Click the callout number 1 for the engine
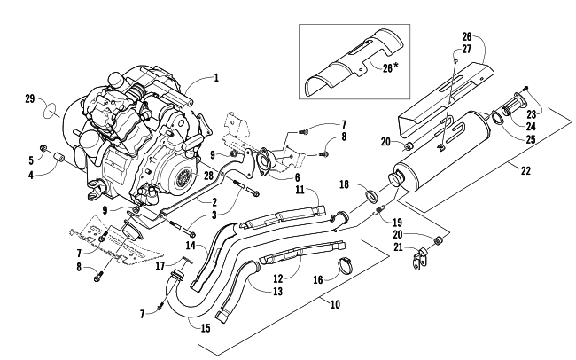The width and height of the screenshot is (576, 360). click(x=215, y=77)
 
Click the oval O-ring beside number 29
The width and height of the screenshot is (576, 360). click(x=54, y=113)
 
